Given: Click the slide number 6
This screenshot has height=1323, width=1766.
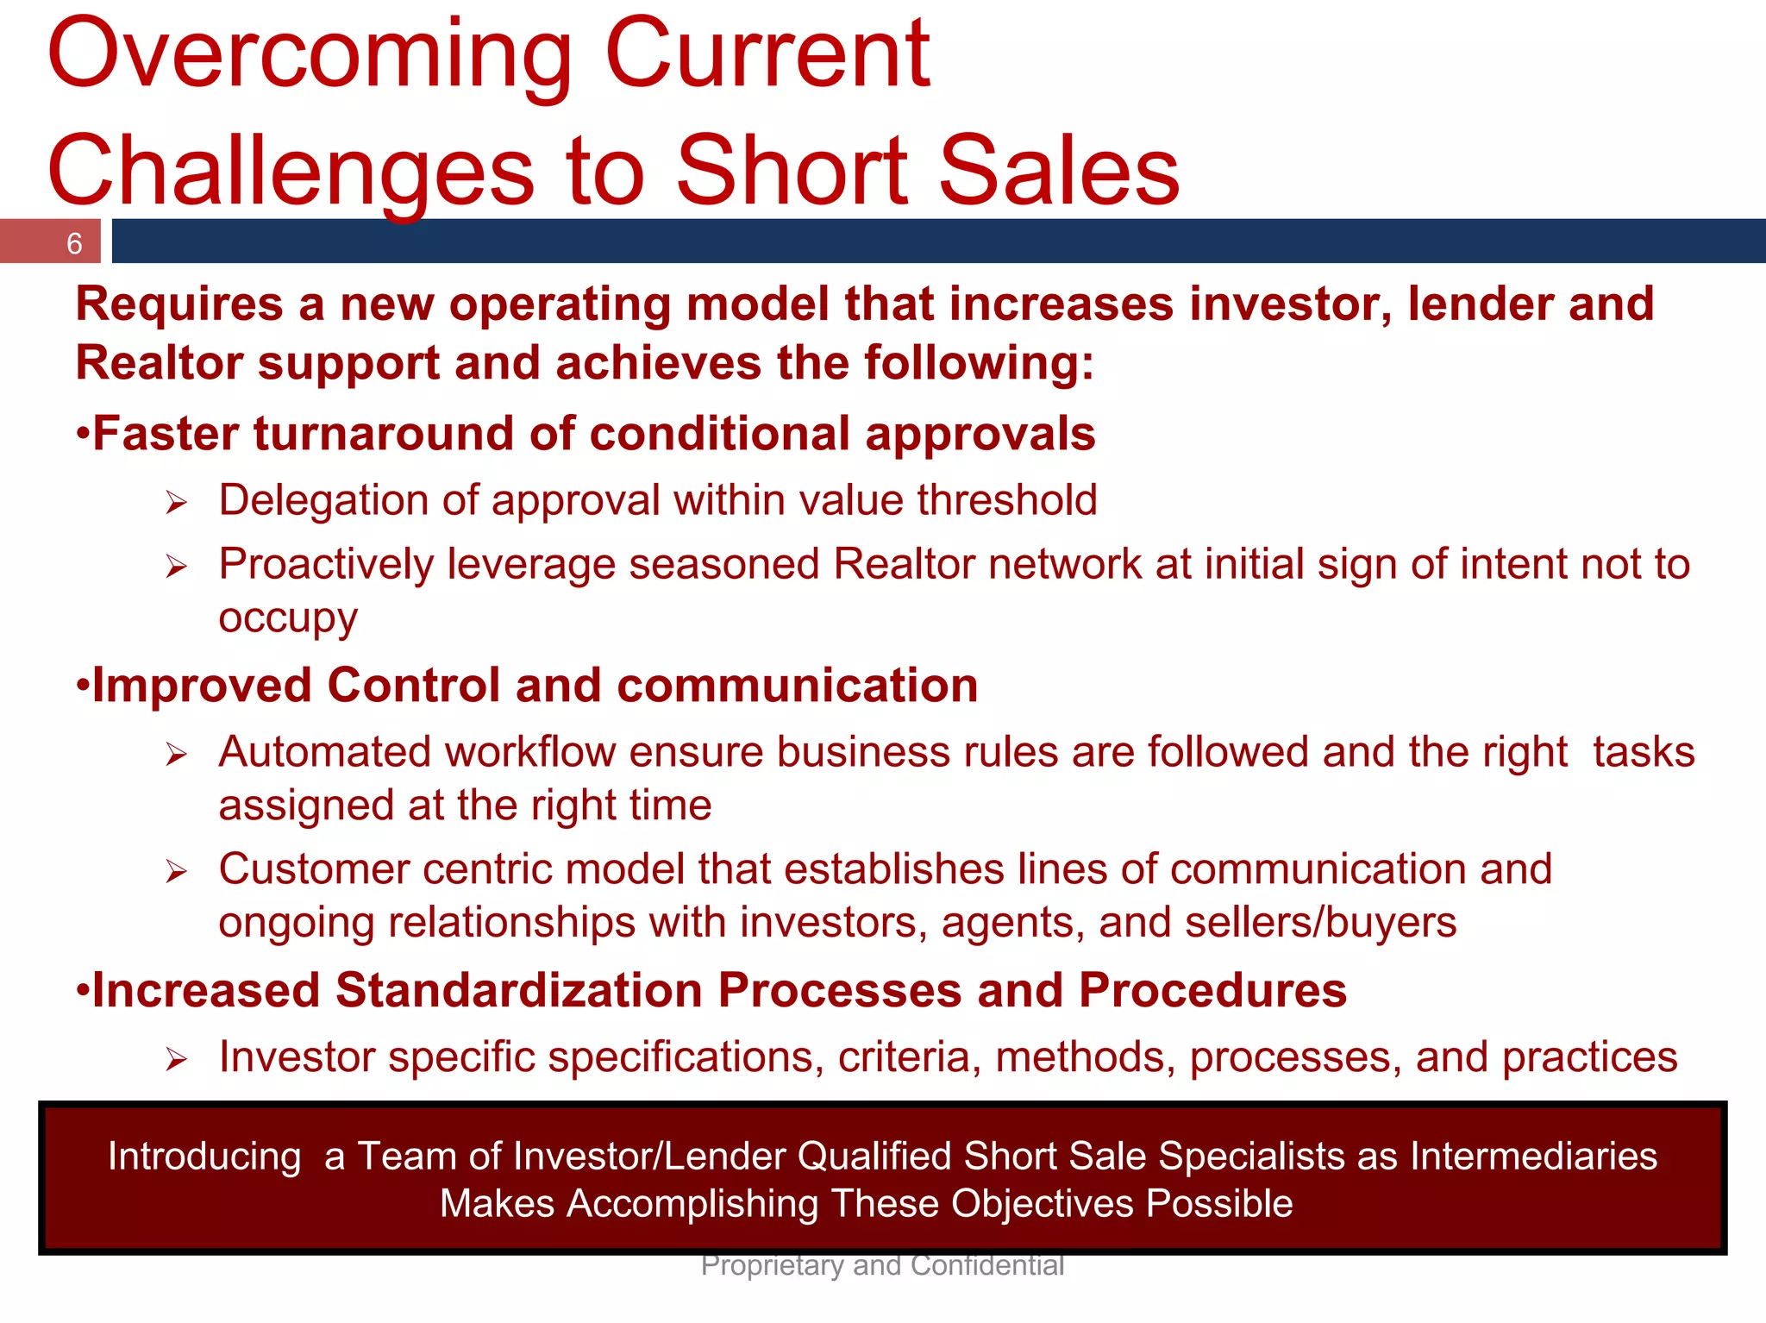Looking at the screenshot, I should pos(74,244).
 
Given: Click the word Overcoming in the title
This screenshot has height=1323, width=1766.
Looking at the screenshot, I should pos(310,56).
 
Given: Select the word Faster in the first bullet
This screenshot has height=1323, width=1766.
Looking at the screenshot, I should pos(165,434).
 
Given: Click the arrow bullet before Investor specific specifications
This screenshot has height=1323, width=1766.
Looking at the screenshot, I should pos(177,1059).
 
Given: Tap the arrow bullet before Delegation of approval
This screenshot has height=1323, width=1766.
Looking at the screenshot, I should pos(177,503).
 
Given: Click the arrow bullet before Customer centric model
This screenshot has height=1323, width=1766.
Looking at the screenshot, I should pos(177,872).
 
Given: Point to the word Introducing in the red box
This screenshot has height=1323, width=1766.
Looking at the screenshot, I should pos(204,1157).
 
